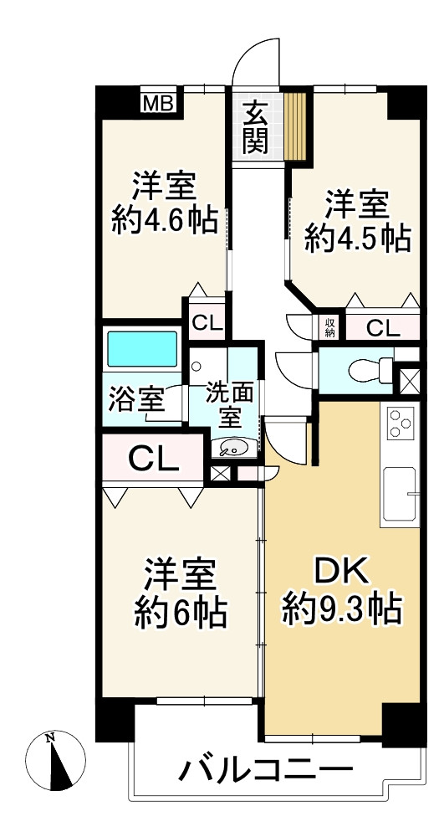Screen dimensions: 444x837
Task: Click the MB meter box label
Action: pyautogui.click(x=158, y=102)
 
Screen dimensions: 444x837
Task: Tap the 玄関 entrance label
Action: pyautogui.click(x=256, y=127)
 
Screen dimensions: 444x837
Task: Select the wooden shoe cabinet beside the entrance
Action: pyautogui.click(x=295, y=126)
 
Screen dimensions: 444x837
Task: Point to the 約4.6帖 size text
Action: pyautogui.click(x=165, y=220)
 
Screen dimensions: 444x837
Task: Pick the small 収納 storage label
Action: pyautogui.click(x=329, y=328)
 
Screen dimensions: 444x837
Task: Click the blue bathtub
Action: pyautogui.click(x=142, y=349)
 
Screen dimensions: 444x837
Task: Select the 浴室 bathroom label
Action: pyautogui.click(x=135, y=400)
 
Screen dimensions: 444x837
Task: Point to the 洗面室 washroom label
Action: pyautogui.click(x=230, y=404)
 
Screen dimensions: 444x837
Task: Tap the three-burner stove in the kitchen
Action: pyautogui.click(x=400, y=423)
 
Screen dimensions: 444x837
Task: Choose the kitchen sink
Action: pyautogui.click(x=399, y=493)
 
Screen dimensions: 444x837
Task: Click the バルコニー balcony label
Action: pyautogui.click(x=265, y=771)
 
